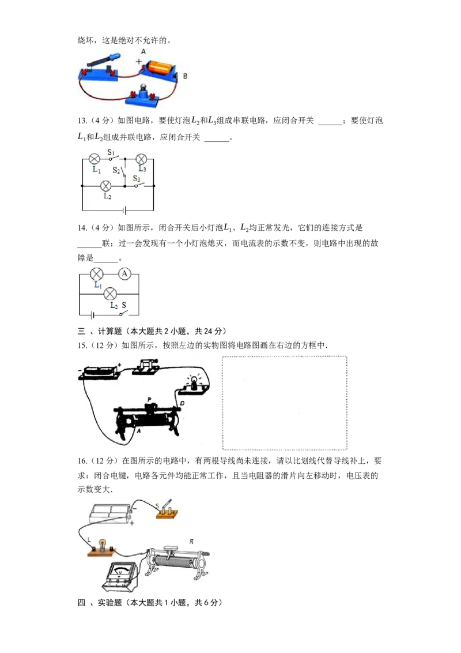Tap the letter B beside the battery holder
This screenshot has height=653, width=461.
pos(185,76)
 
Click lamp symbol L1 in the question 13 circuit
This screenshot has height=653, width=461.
pos(95,159)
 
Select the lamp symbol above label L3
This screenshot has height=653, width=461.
pos(141,159)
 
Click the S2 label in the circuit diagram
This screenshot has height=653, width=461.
pos(116,170)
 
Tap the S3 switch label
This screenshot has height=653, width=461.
pos(137,178)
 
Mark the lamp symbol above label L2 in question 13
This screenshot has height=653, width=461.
pos(107,186)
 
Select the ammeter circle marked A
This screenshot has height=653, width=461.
pos(124,273)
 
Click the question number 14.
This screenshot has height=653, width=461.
pos(82,228)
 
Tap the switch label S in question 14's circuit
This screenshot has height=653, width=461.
pos(123,305)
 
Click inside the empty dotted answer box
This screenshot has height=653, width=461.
pos(285,403)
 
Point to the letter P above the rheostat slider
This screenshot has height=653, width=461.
pos(150,399)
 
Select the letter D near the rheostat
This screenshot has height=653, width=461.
pos(182,403)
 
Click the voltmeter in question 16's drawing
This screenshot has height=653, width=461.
pos(120,576)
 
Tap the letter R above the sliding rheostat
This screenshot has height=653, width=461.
pos(191,542)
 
